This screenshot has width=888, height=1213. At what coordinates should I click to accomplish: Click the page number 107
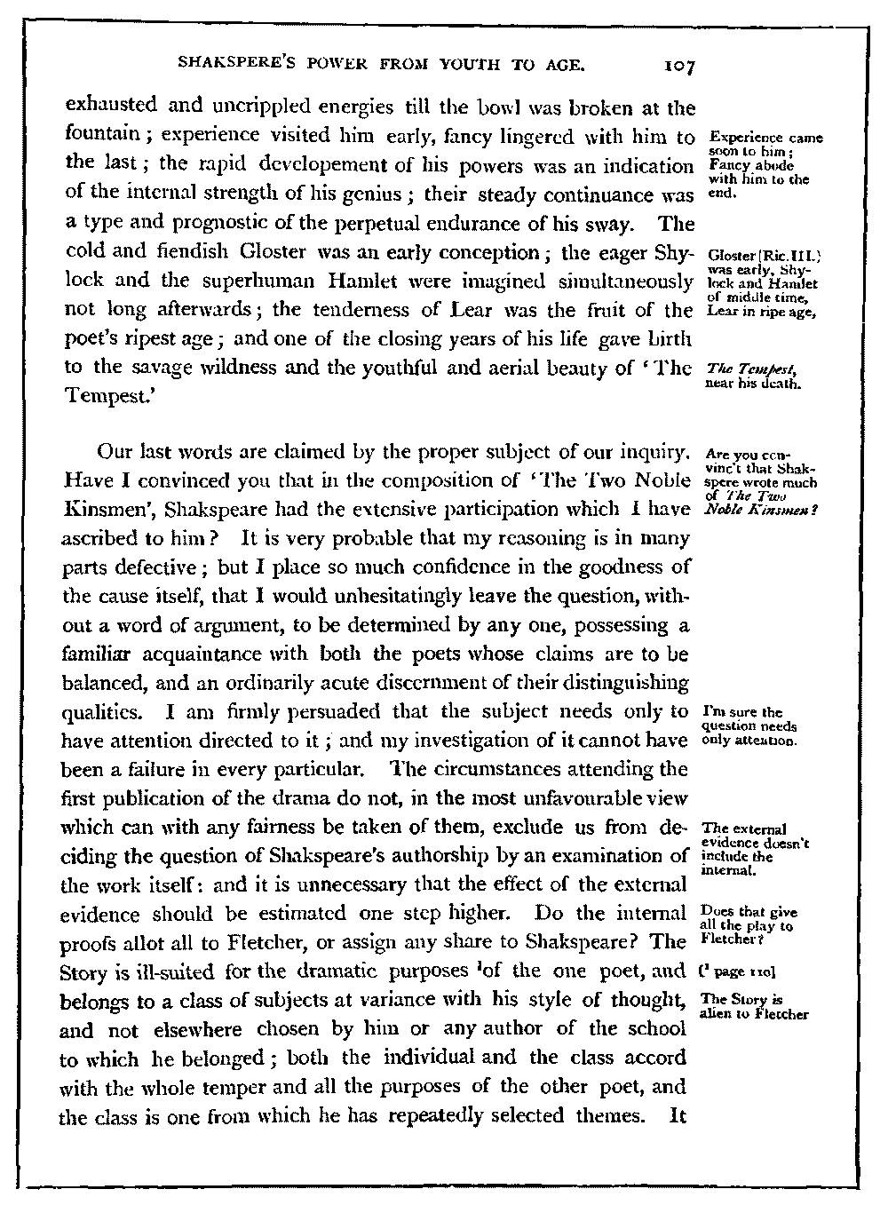[x=662, y=65]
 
